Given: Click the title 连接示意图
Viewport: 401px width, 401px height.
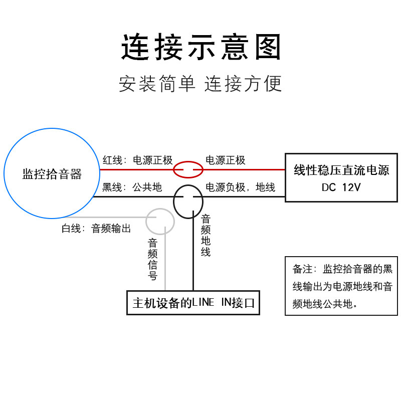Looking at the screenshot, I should click(x=200, y=48).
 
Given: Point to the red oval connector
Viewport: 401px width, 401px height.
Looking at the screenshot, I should click(x=188, y=170).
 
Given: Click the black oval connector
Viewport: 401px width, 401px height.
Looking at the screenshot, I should click(x=188, y=200).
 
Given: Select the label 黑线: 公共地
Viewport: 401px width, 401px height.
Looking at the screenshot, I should click(x=132, y=187).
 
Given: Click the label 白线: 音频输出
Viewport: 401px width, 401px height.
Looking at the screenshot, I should click(x=96, y=229).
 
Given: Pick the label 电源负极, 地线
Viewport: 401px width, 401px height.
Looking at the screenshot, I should click(x=240, y=187).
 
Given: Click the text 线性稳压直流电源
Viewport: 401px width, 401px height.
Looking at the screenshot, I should click(x=341, y=170).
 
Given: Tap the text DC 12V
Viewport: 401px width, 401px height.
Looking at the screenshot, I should click(x=341, y=188).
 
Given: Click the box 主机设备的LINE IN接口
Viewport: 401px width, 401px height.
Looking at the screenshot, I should click(x=193, y=303).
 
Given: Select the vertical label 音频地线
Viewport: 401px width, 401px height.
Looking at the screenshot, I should click(x=206, y=236).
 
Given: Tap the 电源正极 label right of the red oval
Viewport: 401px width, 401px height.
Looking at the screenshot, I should click(x=226, y=160).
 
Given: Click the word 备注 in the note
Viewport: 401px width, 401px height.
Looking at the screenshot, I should click(x=303, y=269).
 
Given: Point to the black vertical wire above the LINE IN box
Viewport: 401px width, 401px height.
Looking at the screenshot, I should click(x=192, y=261).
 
